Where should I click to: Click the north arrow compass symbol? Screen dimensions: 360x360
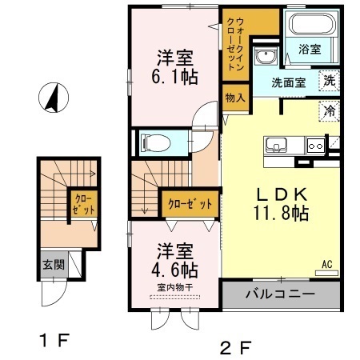(x=54, y=98)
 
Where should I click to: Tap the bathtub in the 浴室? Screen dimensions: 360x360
(x=311, y=23)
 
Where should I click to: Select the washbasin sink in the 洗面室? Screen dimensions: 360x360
(x=266, y=56)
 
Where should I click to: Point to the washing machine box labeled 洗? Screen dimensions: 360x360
(x=330, y=81)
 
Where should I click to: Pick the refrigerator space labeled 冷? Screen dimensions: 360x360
(x=330, y=110)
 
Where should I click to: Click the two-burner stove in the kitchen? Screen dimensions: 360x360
(x=316, y=146)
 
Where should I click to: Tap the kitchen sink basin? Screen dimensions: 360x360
(x=276, y=146)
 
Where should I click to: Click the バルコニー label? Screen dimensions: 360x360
(x=280, y=294)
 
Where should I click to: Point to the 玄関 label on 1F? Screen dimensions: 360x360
(x=54, y=265)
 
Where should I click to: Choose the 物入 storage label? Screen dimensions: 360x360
(x=235, y=98)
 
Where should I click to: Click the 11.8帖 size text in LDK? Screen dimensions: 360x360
(x=282, y=213)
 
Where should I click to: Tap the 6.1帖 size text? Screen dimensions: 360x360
(x=174, y=77)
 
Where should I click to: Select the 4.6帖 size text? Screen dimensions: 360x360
(x=174, y=270)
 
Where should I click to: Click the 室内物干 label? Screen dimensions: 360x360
(x=175, y=287)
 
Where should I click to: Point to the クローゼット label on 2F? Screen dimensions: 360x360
(x=190, y=204)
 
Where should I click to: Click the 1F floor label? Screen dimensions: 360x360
(x=54, y=340)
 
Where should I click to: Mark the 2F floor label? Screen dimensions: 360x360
(x=235, y=347)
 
